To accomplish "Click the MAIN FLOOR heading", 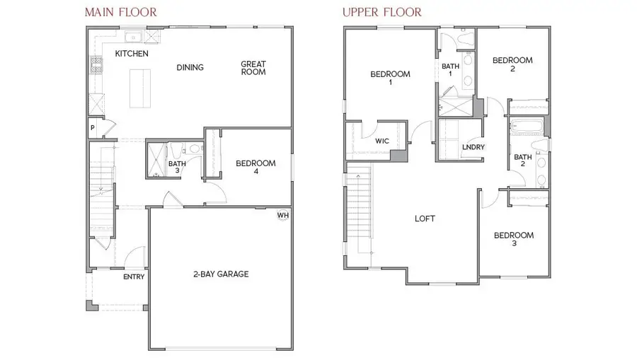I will tap(121, 13).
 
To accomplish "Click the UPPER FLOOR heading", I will tap(382, 13).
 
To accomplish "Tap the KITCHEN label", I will tap(132, 54).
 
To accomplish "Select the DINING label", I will tap(190, 68).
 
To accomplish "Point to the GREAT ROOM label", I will tap(253, 68).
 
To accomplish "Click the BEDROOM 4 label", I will tap(256, 167).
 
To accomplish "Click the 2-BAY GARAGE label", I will tap(221, 274).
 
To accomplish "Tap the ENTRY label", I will tap(134, 277).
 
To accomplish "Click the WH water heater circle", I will tap(282, 215).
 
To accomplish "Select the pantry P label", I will tap(92, 128).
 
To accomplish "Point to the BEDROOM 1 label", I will tap(390, 79).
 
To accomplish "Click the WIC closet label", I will tap(381, 141).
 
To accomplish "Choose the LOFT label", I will tap(425, 219).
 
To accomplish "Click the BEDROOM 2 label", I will tap(512, 65).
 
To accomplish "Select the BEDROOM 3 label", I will tap(514, 239).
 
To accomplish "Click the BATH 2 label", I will tap(522, 161).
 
